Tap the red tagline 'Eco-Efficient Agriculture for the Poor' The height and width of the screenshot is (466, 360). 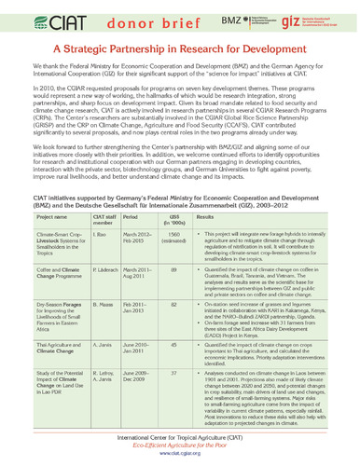[x=179, y=449]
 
